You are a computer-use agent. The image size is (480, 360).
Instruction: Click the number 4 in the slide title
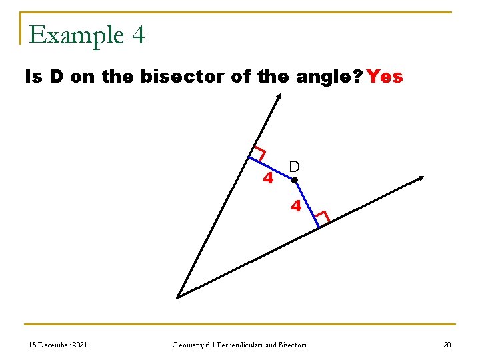pos(138,35)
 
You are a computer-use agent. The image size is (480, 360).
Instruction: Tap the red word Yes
pos(385,77)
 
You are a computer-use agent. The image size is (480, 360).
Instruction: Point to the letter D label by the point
pos(294,167)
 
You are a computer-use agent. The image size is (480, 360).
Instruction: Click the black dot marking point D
pos(294,180)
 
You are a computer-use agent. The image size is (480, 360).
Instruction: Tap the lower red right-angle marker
pos(322,217)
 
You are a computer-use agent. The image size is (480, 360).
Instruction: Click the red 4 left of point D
pos(268,179)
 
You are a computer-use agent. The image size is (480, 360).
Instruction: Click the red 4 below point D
pos(296,206)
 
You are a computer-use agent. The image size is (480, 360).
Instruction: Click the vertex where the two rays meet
pos(177,297)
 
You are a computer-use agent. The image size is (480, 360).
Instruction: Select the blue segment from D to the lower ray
pos(307,204)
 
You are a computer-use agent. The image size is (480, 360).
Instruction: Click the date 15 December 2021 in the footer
pos(58,345)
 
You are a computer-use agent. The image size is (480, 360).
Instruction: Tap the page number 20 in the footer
pos(447,345)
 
